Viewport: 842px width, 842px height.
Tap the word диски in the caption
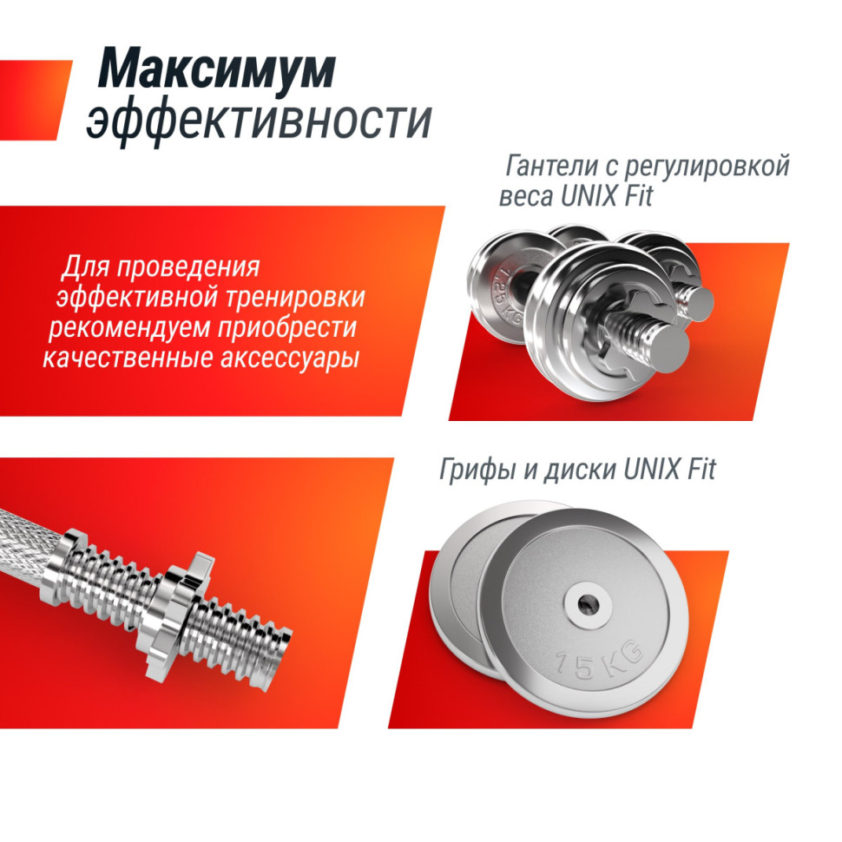click(x=579, y=470)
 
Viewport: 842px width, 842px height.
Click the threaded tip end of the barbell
click(x=287, y=641)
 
